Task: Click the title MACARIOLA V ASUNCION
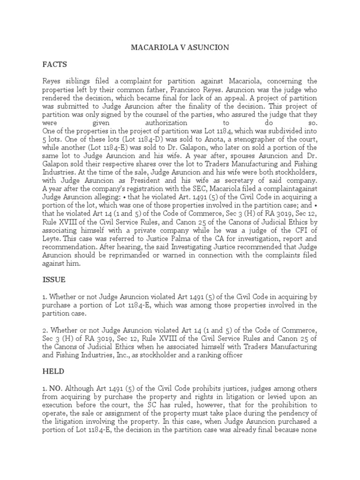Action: click(x=180, y=47)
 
